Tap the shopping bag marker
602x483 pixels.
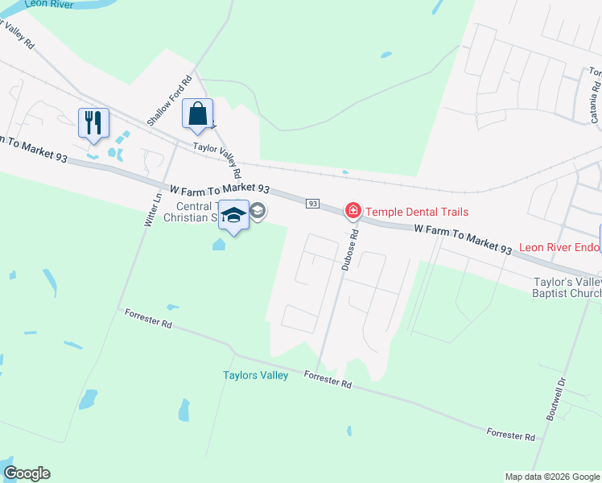tap(197, 115)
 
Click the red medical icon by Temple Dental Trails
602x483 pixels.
tap(353, 212)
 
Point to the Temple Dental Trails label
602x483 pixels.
tap(417, 212)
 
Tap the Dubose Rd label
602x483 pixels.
tap(348, 250)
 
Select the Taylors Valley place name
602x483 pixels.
tap(255, 376)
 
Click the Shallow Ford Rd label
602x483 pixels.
tap(169, 101)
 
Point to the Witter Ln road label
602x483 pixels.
tap(150, 207)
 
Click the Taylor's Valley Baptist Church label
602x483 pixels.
tap(567, 288)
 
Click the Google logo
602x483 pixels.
tap(27, 473)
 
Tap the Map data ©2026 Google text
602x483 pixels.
tap(551, 477)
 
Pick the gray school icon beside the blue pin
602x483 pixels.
tap(258, 212)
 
